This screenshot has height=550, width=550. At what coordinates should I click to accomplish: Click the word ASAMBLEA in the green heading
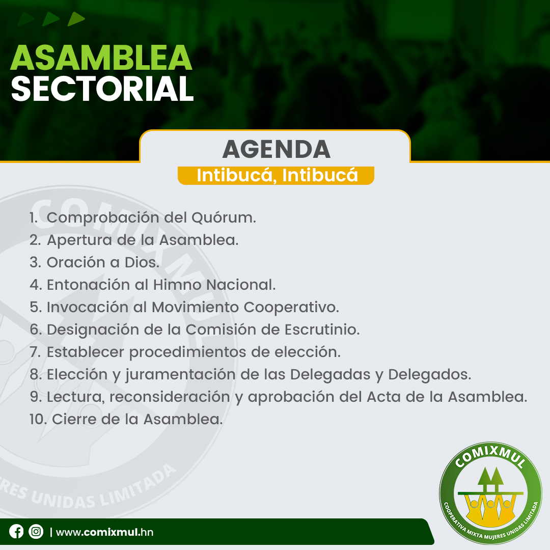[x=101, y=58]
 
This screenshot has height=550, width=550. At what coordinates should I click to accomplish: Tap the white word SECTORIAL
[x=102, y=89]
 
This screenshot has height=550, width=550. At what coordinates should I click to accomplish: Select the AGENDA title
[x=277, y=149]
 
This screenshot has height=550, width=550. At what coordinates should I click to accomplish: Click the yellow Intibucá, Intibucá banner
[x=276, y=175]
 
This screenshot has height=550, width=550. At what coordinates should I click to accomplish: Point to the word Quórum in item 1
[x=224, y=217]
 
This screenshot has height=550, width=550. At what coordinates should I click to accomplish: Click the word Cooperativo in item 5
[x=291, y=308]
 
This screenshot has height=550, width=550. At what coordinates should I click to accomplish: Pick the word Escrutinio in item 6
[x=322, y=329]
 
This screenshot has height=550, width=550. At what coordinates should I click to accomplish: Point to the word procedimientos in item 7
[x=187, y=352]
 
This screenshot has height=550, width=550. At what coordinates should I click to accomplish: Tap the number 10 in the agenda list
[x=38, y=420]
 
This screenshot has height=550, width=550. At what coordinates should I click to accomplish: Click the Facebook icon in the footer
[x=16, y=531]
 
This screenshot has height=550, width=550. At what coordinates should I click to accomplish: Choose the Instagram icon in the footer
[x=36, y=531]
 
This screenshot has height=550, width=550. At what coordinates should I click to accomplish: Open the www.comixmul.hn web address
[x=104, y=532]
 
